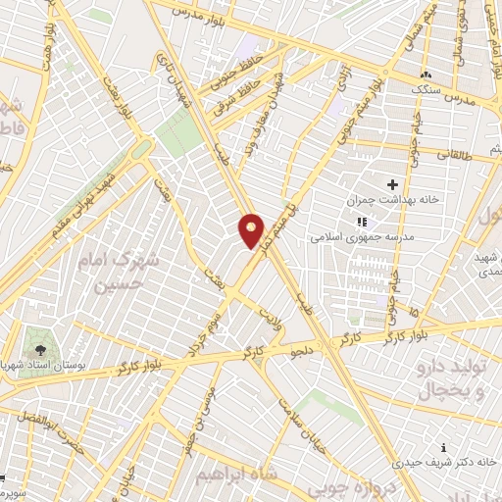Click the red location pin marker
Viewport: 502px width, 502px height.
(252, 230)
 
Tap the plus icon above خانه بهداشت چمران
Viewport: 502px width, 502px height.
(393, 184)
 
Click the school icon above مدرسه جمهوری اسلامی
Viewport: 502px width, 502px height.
(360, 222)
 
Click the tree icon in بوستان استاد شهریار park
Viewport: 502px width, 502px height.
(40, 349)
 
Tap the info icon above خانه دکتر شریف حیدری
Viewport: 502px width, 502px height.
(446, 446)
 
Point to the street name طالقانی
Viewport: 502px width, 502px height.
(452, 154)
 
